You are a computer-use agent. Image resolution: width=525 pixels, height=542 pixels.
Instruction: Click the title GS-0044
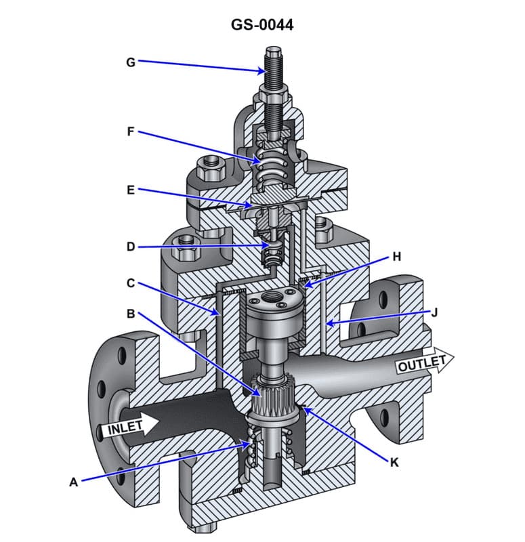262,25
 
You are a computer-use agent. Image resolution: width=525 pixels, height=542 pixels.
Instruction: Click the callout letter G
131,62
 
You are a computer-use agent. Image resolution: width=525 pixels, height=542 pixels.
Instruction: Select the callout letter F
131,131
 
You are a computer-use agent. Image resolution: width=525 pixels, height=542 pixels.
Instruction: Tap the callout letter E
131,190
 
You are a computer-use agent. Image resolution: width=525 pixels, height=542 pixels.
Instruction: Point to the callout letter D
131,247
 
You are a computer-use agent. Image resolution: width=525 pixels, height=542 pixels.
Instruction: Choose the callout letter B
131,313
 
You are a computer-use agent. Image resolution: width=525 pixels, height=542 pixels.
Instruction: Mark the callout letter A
74,482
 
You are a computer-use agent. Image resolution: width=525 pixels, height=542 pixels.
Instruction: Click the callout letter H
397,257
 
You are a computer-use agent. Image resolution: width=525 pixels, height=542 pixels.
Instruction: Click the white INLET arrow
132,427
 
